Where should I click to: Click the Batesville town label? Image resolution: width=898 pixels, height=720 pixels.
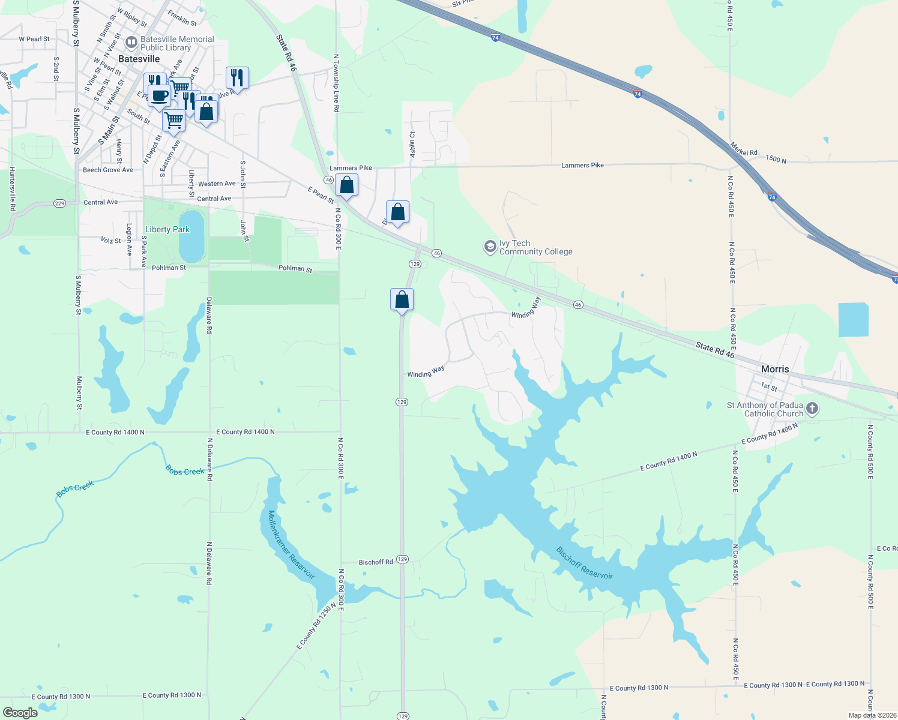coord(139,59)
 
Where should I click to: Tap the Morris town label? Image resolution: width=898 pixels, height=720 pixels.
coord(775,369)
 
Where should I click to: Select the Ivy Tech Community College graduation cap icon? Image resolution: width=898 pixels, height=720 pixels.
coord(490,247)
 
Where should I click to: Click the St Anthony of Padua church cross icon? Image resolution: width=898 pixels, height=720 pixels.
coord(812,409)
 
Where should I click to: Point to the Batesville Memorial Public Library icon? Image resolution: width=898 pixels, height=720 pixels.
coord(131,43)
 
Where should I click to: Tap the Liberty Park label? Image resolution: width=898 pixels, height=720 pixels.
coord(167,229)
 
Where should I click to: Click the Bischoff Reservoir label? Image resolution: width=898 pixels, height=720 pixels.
coord(584,563)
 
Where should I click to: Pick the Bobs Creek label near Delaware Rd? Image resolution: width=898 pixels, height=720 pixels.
coord(185,472)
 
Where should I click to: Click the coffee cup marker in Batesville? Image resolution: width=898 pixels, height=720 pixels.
coord(159,95)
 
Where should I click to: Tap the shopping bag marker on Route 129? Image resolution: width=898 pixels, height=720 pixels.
coord(402,299)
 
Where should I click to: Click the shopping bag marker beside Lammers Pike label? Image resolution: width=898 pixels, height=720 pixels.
coord(346,184)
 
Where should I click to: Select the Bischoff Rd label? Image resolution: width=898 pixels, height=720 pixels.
coord(376,562)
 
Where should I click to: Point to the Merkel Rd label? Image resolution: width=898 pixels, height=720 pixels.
coord(744,149)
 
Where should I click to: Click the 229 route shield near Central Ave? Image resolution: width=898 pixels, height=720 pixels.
coord(59,203)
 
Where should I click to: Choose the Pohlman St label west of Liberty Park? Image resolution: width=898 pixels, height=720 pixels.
coord(169,268)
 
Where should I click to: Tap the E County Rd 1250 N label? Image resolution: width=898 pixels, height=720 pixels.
coord(316,626)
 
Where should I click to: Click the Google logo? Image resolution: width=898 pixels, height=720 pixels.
coord(20,713)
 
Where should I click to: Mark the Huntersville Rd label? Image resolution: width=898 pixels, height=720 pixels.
coord(12,189)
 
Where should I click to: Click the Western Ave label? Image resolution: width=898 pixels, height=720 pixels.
coord(217,184)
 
